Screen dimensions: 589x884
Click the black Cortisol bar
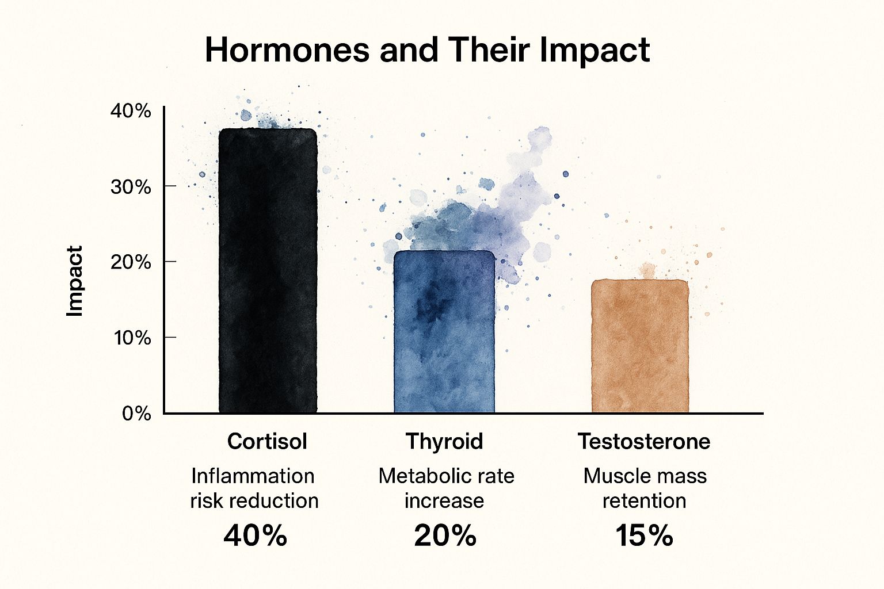pyautogui.click(x=268, y=270)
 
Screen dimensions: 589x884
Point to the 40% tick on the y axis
pyautogui.click(x=131, y=110)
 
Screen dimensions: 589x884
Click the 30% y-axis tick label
pyautogui.click(x=131, y=186)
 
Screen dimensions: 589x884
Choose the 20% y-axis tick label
pyautogui.click(x=131, y=262)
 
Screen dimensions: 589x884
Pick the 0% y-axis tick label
pyautogui.click(x=136, y=413)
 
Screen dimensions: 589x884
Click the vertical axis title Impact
pyautogui.click(x=75, y=281)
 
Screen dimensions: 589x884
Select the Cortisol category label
pyautogui.click(x=267, y=441)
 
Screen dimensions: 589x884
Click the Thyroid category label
pyautogui.click(x=444, y=441)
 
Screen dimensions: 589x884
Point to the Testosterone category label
pyautogui.click(x=644, y=441)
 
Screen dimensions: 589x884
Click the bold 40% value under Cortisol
pyautogui.click(x=255, y=536)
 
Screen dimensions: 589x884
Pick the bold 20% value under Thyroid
pyautogui.click(x=445, y=536)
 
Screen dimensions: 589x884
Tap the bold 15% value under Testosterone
pyautogui.click(x=644, y=536)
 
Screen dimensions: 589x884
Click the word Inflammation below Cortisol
pyautogui.click(x=253, y=476)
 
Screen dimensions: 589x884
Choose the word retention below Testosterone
pyautogui.click(x=644, y=500)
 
